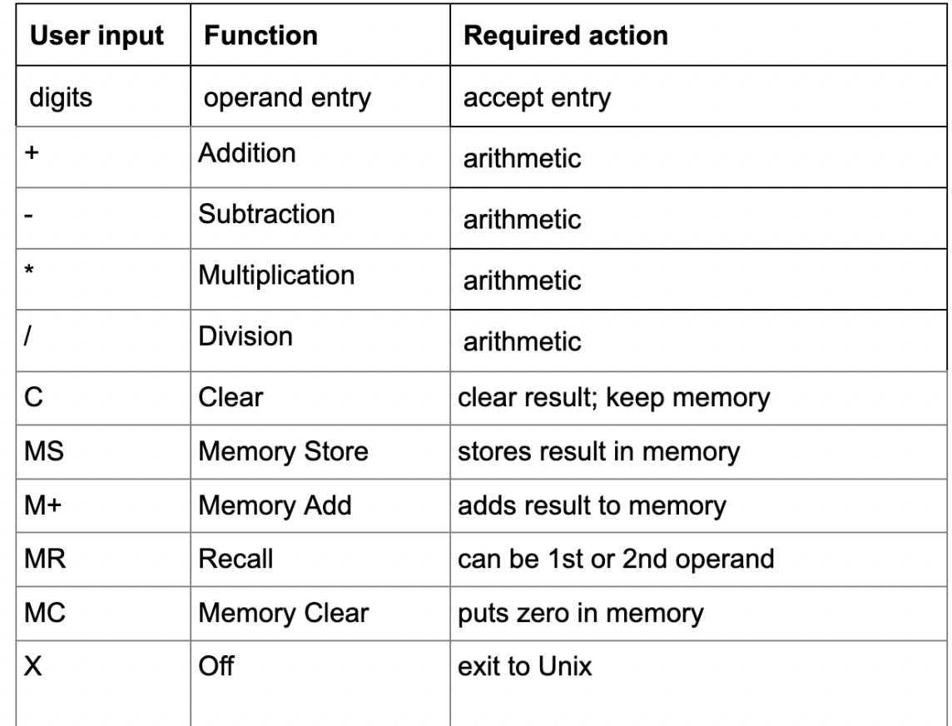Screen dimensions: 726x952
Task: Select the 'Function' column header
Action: [260, 37]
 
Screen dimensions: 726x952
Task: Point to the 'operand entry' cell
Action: [288, 99]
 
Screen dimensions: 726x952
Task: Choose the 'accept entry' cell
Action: [536, 99]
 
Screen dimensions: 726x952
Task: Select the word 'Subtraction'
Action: [265, 214]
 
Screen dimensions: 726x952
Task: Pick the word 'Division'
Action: [245, 336]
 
